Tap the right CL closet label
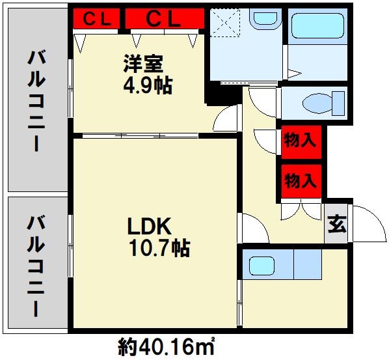pos(162,20)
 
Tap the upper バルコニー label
pos(36,101)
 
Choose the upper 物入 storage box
pos(301,141)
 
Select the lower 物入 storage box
pos(301,180)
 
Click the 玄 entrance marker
pos(336,226)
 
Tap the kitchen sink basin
pos(264,266)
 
